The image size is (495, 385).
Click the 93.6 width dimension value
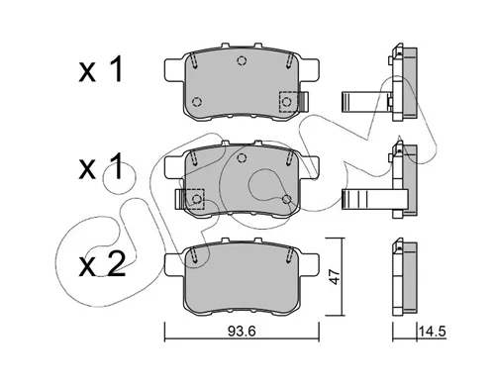(242, 331)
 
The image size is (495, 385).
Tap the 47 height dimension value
(336, 277)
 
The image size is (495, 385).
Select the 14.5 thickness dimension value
(433, 331)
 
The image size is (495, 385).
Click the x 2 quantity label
(102, 264)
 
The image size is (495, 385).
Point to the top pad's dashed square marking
(288, 101)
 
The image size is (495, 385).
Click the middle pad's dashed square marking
(195, 199)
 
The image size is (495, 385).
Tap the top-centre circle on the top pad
(242, 60)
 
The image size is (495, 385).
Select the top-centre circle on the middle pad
(242, 157)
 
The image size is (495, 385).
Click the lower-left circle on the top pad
(197, 102)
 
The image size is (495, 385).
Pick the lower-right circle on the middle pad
(286, 199)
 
